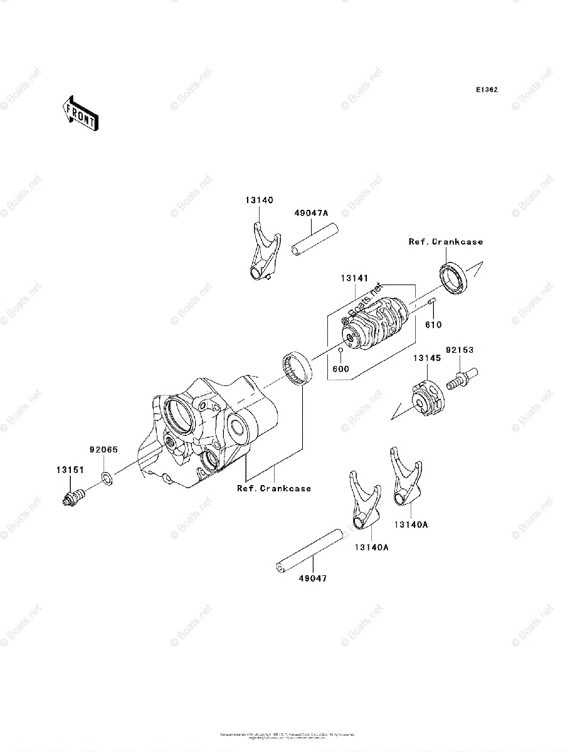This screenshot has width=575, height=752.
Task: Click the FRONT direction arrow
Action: [x=79, y=113]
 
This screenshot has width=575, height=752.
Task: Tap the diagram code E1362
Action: [x=486, y=90]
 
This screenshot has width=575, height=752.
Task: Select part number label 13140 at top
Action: [x=259, y=200]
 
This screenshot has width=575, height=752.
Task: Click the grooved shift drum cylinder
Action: [x=374, y=323]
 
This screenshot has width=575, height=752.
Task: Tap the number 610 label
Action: [x=433, y=325]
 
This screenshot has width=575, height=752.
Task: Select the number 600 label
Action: [x=340, y=369]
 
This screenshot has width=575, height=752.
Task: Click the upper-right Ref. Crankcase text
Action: [x=446, y=241]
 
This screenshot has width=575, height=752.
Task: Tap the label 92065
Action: [x=103, y=449]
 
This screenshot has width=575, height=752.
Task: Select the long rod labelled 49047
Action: [x=310, y=550]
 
